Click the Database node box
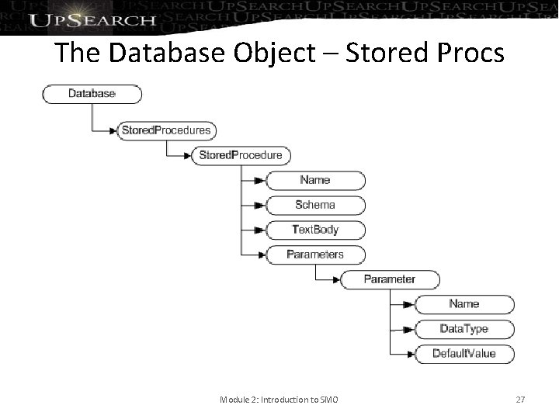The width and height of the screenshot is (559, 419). click(x=92, y=94)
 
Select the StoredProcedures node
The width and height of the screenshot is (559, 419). click(x=165, y=130)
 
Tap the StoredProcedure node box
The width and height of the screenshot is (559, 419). click(x=241, y=155)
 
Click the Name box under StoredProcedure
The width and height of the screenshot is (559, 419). click(x=314, y=180)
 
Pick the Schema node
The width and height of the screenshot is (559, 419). click(x=314, y=205)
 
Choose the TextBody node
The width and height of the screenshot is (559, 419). click(x=314, y=230)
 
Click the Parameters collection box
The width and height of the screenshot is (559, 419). click(x=314, y=255)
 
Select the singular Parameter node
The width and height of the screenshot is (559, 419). click(x=389, y=279)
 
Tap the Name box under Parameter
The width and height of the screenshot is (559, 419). click(x=464, y=304)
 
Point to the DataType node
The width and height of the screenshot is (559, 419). click(x=464, y=329)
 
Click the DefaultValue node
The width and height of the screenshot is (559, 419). click(x=464, y=354)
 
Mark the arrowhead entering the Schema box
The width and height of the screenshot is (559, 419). click(x=261, y=205)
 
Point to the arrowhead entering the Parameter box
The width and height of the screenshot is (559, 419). click(x=335, y=279)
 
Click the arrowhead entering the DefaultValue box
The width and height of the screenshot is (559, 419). click(x=410, y=354)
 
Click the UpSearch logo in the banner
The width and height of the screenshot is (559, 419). click(x=92, y=19)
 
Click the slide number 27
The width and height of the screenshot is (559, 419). click(x=520, y=400)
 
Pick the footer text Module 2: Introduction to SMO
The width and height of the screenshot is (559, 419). click(x=278, y=400)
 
